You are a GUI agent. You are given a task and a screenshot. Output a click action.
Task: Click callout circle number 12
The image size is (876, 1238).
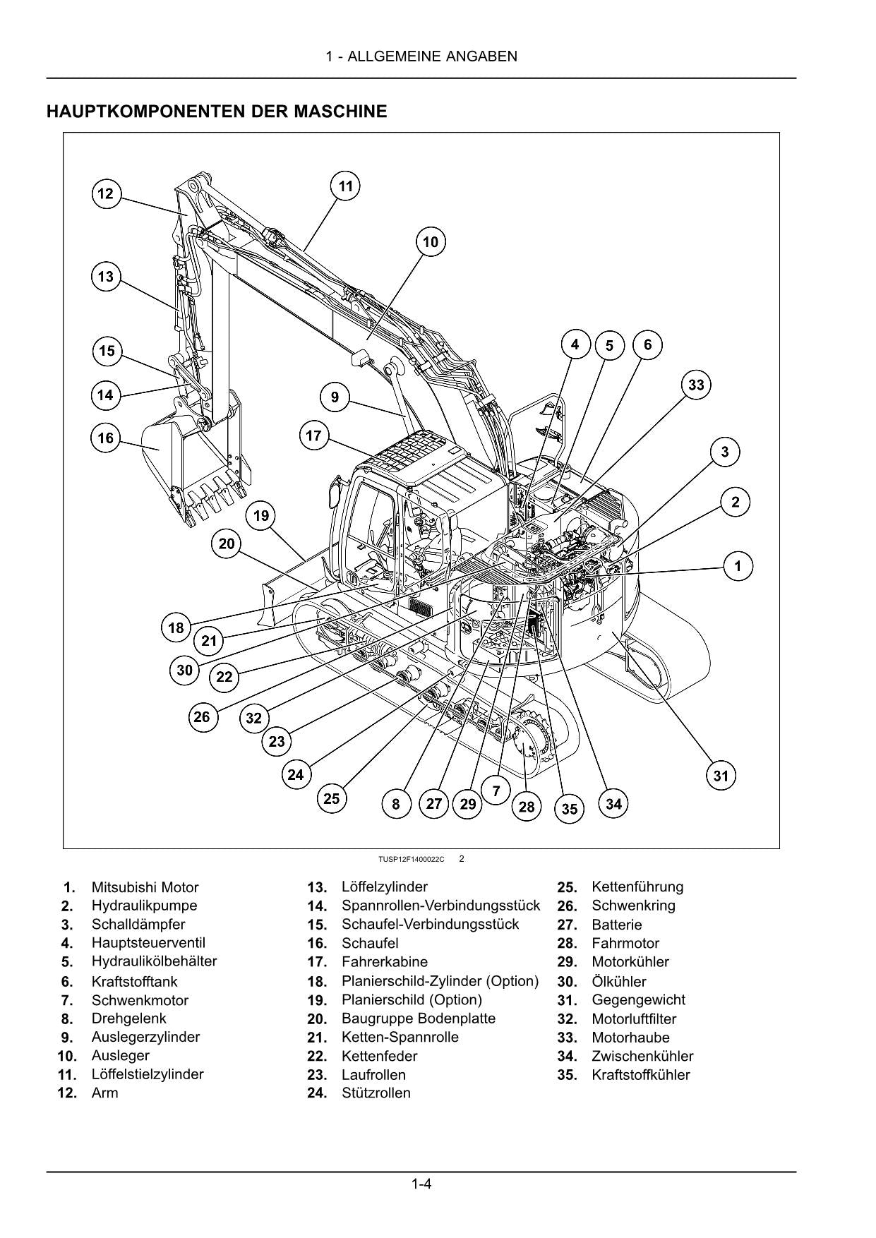[x=106, y=193]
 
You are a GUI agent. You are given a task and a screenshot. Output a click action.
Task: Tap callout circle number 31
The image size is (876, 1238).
[x=721, y=776]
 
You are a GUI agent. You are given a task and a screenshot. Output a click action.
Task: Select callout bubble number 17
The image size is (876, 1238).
[x=313, y=435]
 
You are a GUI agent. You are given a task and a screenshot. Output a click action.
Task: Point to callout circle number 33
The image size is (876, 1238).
[x=696, y=385]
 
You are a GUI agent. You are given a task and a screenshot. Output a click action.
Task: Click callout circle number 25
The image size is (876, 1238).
[x=332, y=798]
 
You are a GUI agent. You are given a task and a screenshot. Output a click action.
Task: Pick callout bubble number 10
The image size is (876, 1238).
[x=430, y=242]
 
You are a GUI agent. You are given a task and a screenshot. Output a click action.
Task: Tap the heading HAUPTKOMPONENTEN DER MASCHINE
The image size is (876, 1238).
[x=217, y=112]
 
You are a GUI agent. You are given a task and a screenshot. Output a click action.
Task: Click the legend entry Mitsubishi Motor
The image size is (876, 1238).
[x=145, y=887]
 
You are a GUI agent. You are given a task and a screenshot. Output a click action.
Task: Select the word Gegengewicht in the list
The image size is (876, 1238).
[x=638, y=999]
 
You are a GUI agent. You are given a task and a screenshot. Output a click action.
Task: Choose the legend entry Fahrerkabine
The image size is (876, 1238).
[x=384, y=961]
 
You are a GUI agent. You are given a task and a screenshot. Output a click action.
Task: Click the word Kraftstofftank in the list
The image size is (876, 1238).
[x=134, y=981]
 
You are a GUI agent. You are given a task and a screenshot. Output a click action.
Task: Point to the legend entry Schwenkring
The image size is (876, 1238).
[x=633, y=906]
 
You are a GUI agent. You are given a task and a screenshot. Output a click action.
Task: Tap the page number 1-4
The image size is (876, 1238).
[x=421, y=1184]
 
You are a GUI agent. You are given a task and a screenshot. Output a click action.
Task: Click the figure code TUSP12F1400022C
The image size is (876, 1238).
[x=411, y=859]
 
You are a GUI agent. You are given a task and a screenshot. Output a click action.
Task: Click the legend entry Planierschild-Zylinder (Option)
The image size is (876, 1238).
[x=440, y=981]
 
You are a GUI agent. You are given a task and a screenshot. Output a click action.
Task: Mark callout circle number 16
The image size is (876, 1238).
[x=106, y=438]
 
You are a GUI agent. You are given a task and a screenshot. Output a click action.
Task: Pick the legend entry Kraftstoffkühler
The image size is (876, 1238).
[x=640, y=1075]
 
